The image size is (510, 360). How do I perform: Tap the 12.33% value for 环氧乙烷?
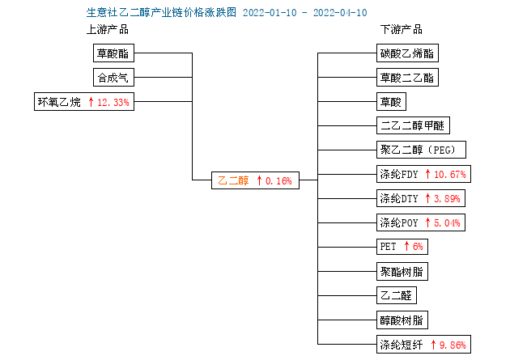tap(113, 103)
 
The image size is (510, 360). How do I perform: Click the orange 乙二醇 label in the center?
tap(233, 180)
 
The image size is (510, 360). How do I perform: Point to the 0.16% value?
tap(278, 180)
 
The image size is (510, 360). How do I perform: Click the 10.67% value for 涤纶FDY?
tap(450, 175)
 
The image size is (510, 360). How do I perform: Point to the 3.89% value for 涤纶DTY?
tap(447, 198)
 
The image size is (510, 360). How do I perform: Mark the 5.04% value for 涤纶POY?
tap(447, 223)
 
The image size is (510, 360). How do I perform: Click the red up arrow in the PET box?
tap(406, 246)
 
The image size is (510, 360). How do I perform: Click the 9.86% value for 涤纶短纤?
tap(453, 345)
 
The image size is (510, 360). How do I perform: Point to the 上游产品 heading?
tap(108, 29)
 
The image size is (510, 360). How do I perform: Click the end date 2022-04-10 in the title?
tap(340, 13)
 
